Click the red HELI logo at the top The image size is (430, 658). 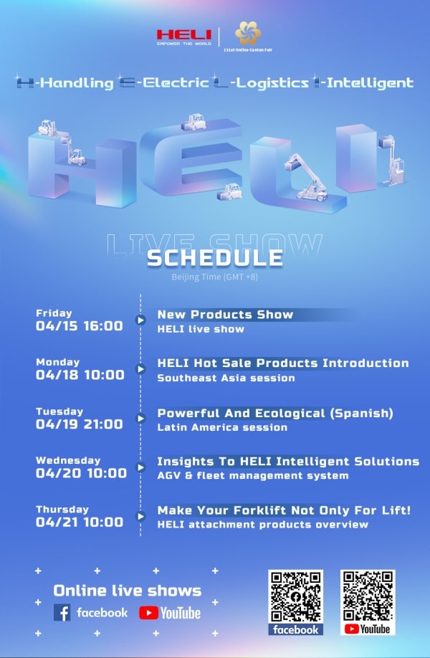[184, 36]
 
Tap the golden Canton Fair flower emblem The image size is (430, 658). [248, 33]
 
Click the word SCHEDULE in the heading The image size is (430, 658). [215, 258]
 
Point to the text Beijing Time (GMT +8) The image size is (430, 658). [214, 277]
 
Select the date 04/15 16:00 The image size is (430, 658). [80, 325]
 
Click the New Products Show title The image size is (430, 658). [225, 315]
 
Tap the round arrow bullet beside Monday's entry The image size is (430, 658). [140, 369]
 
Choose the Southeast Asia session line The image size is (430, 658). [226, 378]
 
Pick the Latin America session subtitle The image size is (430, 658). [222, 428]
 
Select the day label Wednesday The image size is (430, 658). [68, 460]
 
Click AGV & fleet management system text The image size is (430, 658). [253, 476]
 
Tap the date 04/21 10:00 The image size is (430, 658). [80, 522]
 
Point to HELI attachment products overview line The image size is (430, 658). [263, 525]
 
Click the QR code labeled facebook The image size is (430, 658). [296, 596]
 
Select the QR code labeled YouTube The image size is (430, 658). [368, 596]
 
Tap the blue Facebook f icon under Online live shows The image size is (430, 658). [62, 613]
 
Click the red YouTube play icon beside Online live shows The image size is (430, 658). [148, 613]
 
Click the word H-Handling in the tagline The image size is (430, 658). [65, 82]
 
